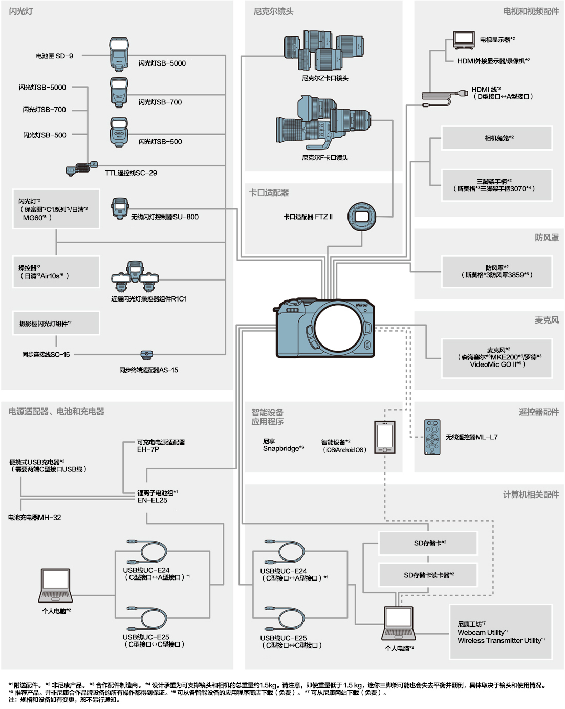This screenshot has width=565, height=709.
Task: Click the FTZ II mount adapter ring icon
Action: pos(362,217)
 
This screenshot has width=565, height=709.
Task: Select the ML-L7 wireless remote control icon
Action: pos(432,437)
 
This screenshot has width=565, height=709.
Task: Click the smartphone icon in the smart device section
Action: pos(385,437)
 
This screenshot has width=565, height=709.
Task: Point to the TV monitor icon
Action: pos(464,40)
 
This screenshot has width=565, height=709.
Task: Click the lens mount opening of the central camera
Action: pos(339,328)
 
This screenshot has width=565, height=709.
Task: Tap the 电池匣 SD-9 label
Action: pos(55,56)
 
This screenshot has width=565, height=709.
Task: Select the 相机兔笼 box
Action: pos(497,138)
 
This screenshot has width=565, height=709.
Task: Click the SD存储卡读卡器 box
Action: pos(428,575)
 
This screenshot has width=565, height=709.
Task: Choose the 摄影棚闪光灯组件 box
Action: pos(56,324)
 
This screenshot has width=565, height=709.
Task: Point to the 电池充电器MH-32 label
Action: pos(35,518)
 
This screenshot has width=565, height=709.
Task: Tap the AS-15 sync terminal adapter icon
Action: pos(147,354)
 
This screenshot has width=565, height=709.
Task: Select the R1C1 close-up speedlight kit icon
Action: pos(135,278)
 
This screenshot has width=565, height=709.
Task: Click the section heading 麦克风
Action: pos(547,320)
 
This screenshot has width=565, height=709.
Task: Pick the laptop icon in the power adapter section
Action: pos(55,586)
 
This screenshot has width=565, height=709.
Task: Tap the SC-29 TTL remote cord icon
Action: pos(82,168)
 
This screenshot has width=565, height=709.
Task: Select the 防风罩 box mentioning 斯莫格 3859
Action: pos(497,271)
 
